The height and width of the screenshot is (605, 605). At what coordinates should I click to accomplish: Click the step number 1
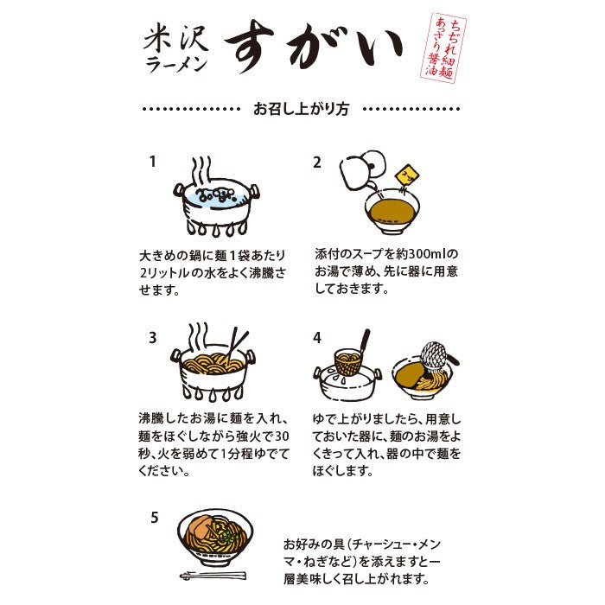(153, 162)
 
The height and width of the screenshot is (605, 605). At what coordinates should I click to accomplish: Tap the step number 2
(317, 162)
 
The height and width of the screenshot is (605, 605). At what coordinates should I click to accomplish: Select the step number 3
(153, 338)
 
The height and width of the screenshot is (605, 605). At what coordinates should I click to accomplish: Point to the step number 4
(317, 338)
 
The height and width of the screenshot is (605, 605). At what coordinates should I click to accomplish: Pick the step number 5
(155, 517)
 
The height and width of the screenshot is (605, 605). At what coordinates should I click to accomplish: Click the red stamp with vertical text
(443, 48)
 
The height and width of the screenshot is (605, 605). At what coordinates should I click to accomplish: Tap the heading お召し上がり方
(301, 109)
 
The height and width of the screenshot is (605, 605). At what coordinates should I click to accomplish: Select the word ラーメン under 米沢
(176, 65)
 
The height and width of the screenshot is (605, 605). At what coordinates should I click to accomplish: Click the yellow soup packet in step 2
(405, 175)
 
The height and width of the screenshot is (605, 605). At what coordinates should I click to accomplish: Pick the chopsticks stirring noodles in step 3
(236, 346)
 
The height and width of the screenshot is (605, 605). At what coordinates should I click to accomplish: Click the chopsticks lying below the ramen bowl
(213, 576)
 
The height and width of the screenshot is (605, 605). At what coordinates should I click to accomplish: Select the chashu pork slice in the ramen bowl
(201, 528)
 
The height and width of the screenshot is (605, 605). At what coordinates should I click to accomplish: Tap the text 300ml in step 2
(425, 254)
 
